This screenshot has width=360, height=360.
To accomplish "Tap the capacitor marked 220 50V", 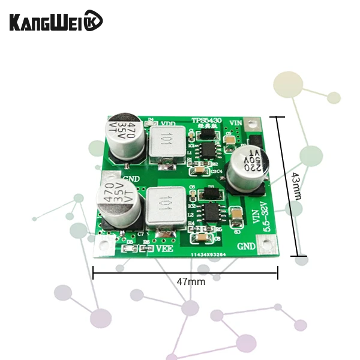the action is click(247, 165).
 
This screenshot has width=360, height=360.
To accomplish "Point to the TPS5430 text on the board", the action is click(206, 120).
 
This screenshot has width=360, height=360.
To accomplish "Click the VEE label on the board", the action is click(165, 247).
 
